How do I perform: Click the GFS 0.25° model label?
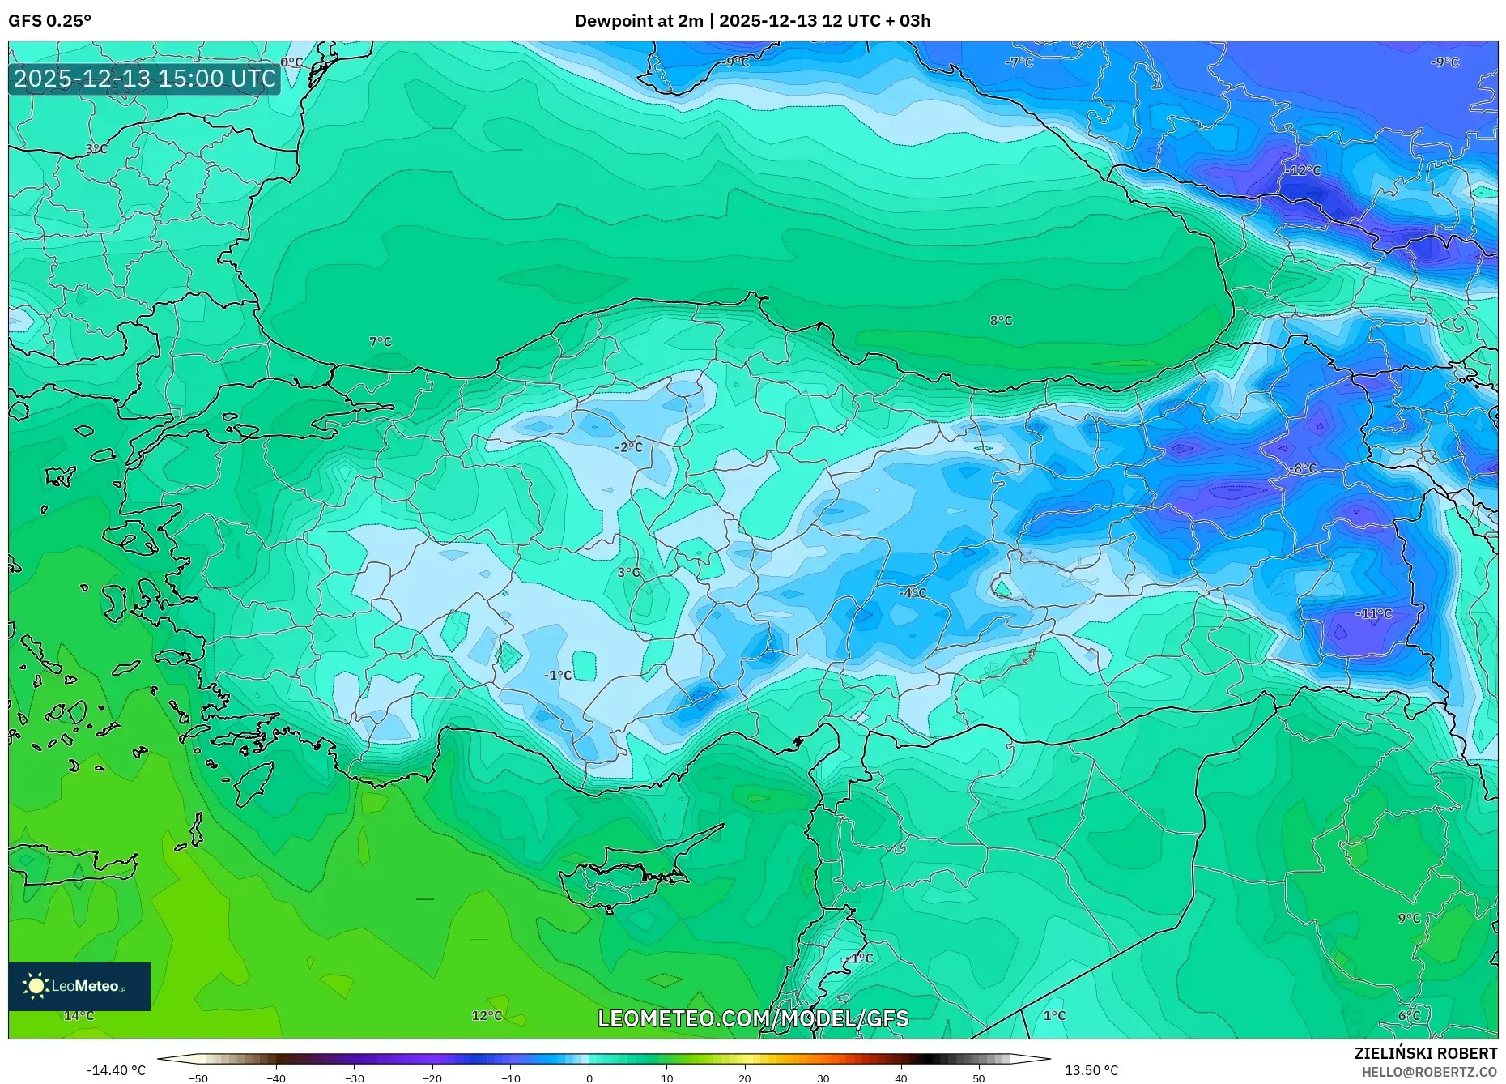pos(49,21)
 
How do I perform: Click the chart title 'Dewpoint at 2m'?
pos(638,21)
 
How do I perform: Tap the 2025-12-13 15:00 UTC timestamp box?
pos(145,79)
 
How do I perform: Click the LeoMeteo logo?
pos(79,986)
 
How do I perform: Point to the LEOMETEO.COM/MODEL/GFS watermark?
pos(753,1018)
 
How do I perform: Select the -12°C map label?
pos(1303,171)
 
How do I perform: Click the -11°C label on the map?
pos(1374,614)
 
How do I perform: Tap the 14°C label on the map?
pos(79,1016)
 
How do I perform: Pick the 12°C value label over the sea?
pos(487,1016)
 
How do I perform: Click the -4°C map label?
pos(912,593)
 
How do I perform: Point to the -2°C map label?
pos(628,447)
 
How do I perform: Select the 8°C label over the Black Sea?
pos(1001,321)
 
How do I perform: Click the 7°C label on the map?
pos(380,342)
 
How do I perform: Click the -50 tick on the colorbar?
pos(198,1078)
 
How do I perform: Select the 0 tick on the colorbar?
pos(589,1078)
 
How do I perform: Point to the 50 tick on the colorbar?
pos(979,1078)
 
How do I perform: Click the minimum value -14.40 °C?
pos(116,1070)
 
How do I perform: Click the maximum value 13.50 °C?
pos(1091,1070)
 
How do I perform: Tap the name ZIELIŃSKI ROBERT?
pos(1425,1053)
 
